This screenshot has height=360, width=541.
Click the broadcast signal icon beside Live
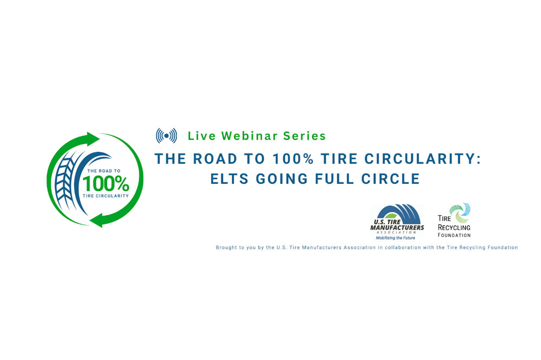tap(166, 135)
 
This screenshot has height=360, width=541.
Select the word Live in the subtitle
tap(201, 136)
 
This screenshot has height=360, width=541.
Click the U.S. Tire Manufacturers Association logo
tap(397, 222)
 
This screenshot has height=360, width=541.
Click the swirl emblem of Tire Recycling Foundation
tap(461, 213)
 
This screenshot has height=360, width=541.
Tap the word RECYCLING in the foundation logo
tap(454, 228)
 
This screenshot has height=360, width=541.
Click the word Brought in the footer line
tap(227, 248)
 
